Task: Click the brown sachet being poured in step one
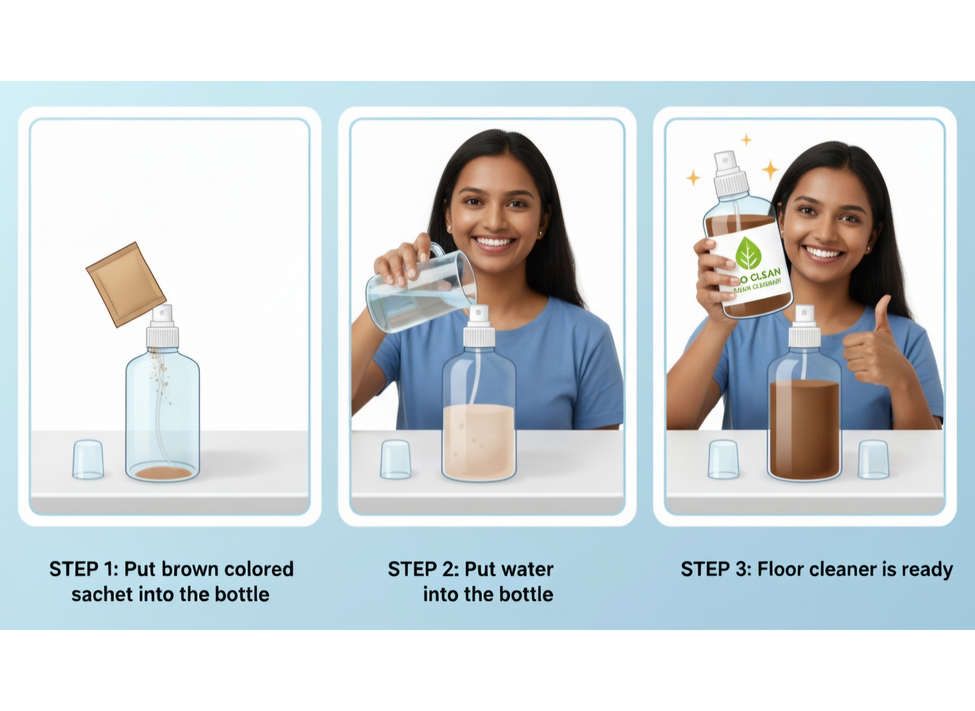point(126,284)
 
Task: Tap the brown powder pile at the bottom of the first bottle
point(163,473)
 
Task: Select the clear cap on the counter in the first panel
point(88,460)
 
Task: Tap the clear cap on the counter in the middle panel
point(395,460)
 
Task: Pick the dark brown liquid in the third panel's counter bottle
point(804,429)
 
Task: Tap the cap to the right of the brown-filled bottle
point(873,460)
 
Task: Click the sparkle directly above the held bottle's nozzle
point(746,140)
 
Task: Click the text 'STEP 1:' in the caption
point(84,569)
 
